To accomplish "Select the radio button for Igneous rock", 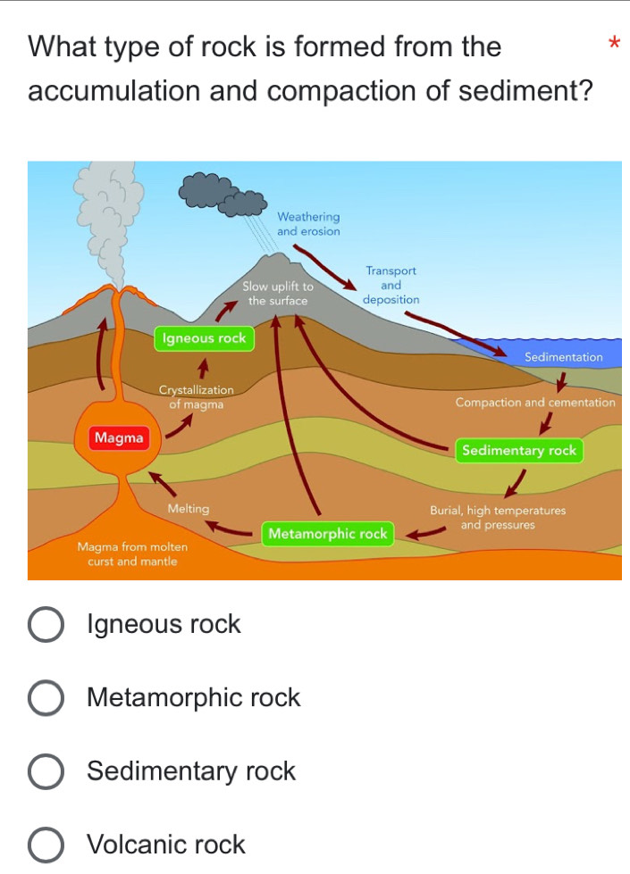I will click(46, 625).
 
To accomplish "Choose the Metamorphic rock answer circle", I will click(46, 698).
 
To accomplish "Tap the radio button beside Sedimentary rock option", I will click(46, 771).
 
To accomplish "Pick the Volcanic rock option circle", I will click(46, 845).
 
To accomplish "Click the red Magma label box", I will click(119, 438).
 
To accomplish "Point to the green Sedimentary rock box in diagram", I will click(519, 451).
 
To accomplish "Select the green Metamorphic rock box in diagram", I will click(328, 534).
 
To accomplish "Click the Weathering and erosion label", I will click(308, 224).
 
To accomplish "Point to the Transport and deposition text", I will click(391, 285).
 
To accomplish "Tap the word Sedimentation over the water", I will click(564, 357).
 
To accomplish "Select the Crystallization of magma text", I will click(196, 398).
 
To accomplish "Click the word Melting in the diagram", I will click(189, 509).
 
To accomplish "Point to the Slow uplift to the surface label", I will click(278, 294).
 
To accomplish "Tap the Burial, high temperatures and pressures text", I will click(498, 518).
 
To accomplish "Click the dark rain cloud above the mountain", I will click(223, 196).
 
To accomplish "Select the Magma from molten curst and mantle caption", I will click(132, 554).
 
